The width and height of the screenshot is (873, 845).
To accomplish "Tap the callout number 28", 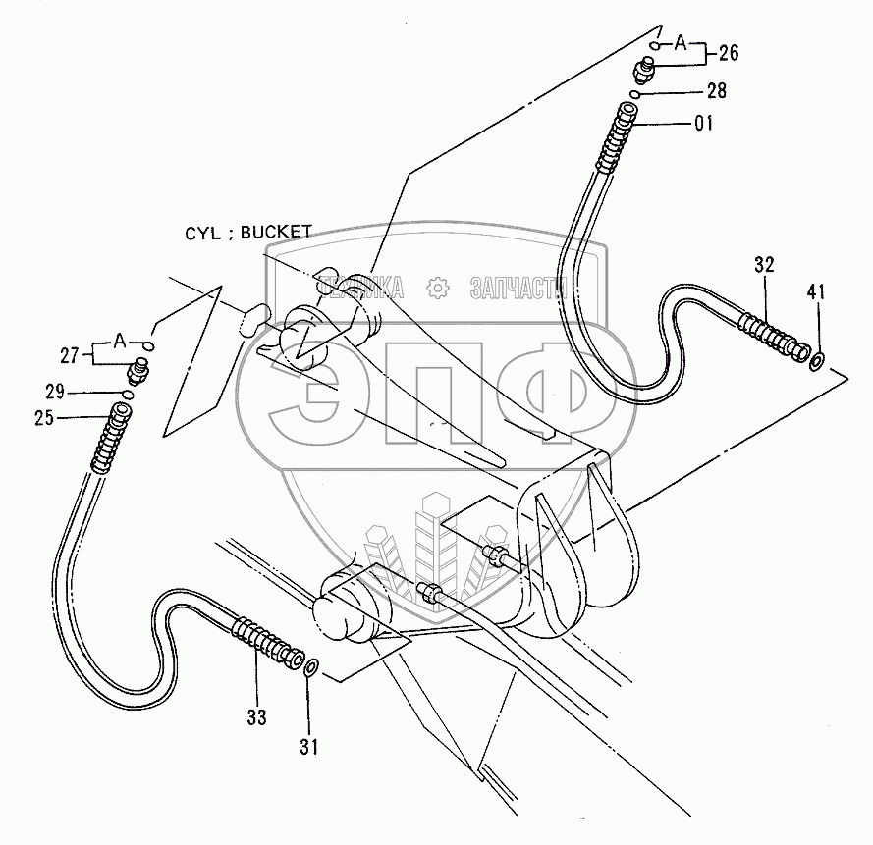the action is tap(716, 91).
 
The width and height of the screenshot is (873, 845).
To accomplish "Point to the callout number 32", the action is tap(766, 264).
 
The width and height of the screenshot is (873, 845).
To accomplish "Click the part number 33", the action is tap(256, 717).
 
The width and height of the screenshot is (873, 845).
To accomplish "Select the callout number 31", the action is tap(309, 747).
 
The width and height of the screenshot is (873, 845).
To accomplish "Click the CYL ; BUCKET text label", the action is tap(247, 233).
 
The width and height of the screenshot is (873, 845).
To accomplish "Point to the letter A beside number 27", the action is tap(119, 341).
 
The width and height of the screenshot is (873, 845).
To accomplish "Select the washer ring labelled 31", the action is tap(310, 669).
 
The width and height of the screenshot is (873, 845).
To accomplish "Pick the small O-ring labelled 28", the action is tap(636, 93).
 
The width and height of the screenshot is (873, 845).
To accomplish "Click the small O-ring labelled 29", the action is tap(128, 395).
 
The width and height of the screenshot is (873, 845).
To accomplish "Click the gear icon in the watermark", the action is tap(436, 288).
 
